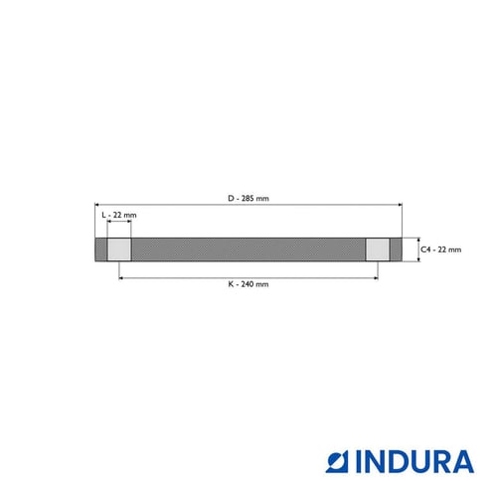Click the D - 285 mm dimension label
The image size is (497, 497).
point(248,199)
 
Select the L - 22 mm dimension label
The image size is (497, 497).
point(119,215)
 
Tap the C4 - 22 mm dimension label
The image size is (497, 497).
point(440,249)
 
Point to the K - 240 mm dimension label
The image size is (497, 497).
point(248,284)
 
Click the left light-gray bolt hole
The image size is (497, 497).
point(119,249)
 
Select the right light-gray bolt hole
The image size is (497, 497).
point(378,249)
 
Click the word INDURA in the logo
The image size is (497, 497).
point(414,461)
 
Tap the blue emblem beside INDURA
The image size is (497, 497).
point(337,461)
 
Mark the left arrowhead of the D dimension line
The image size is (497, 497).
point(96,205)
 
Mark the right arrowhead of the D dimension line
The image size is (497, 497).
point(401,205)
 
